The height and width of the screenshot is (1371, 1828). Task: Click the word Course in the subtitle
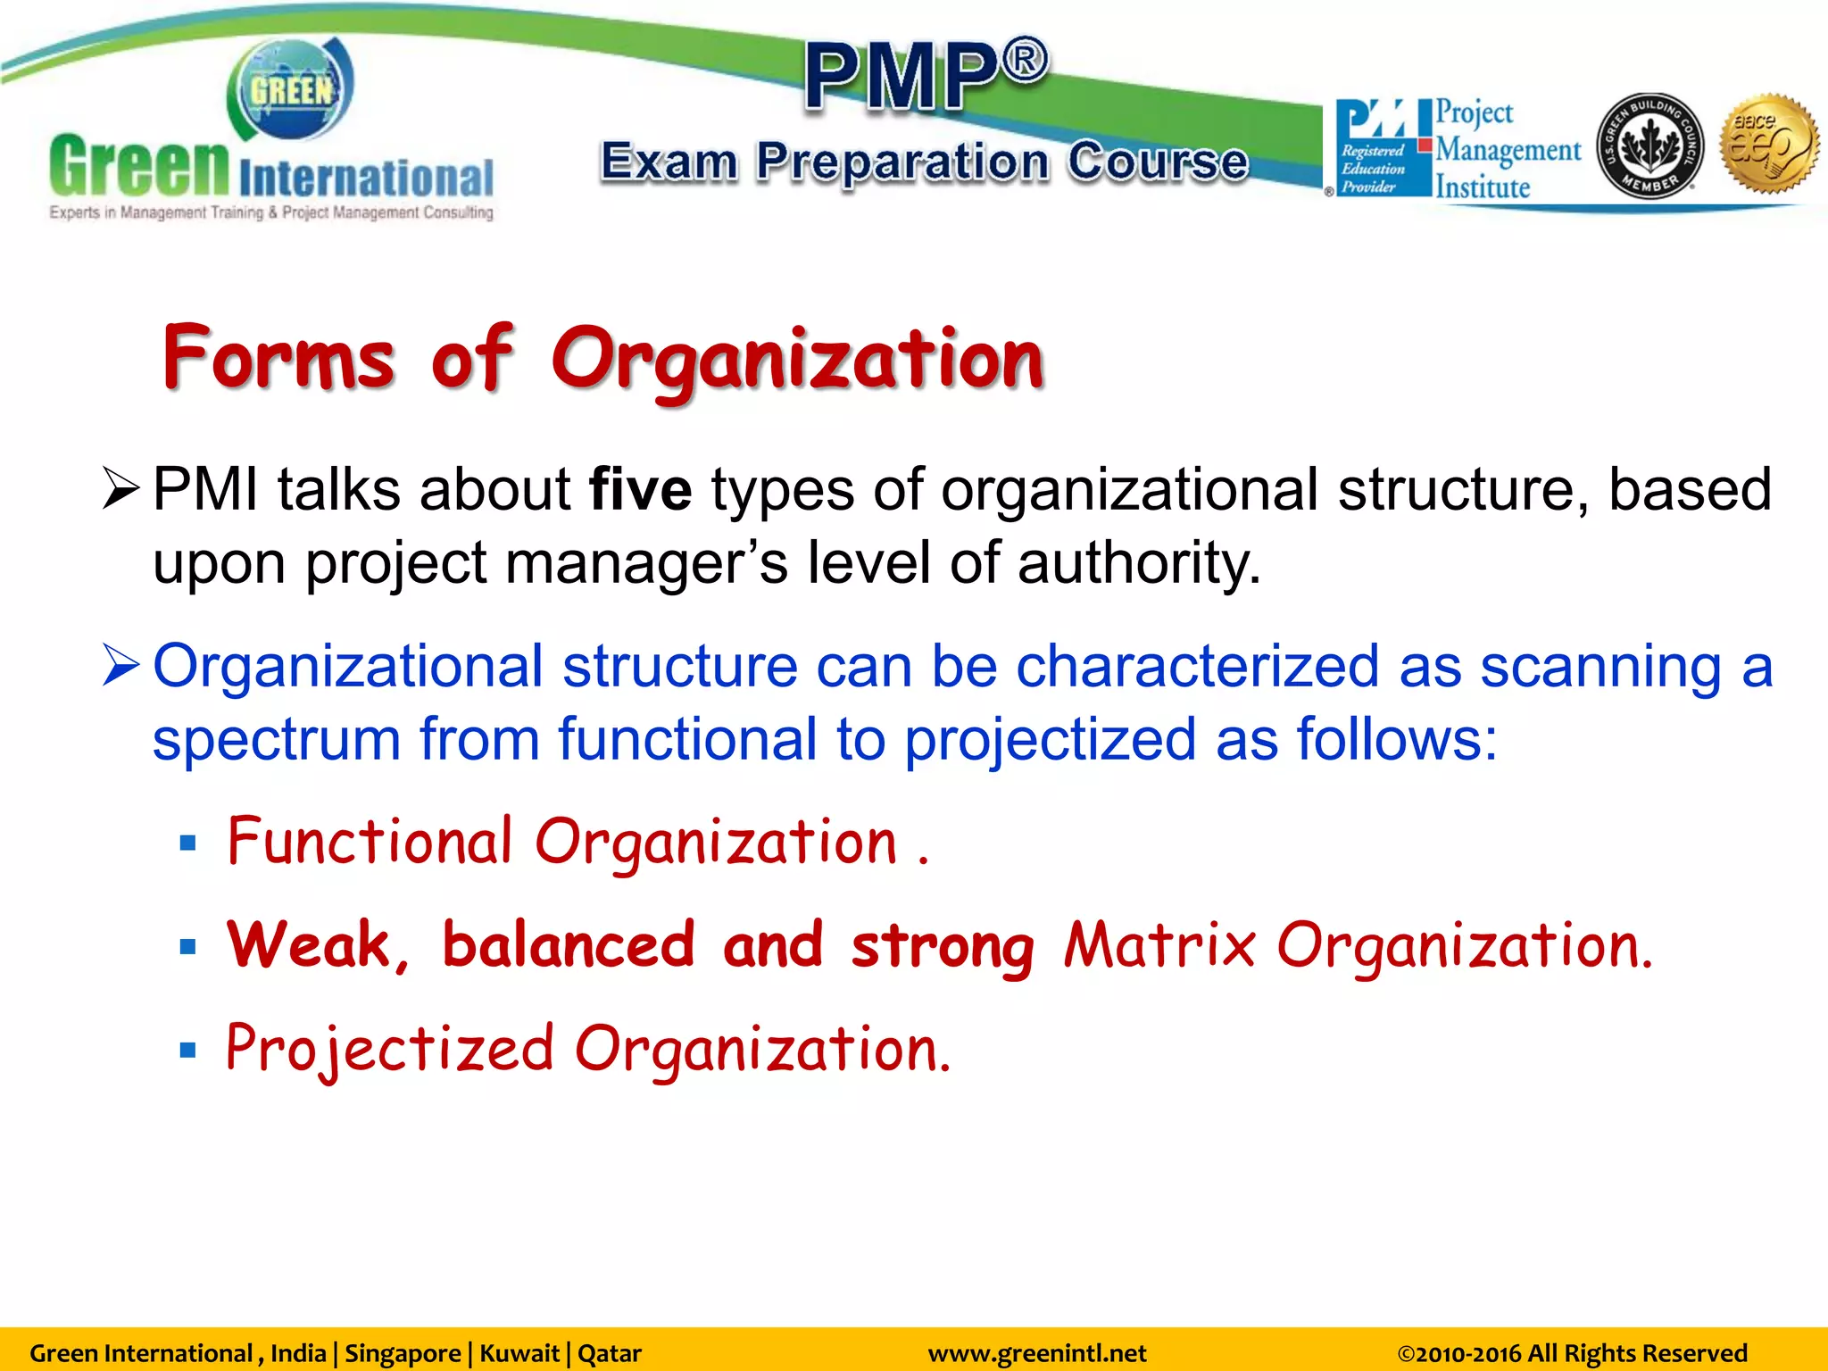pyautogui.click(x=1158, y=162)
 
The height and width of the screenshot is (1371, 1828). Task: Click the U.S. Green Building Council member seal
pyautogui.click(x=1649, y=146)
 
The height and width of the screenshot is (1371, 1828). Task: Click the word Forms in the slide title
pyautogui.click(x=278, y=359)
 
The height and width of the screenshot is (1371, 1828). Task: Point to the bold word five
pyautogui.click(x=640, y=490)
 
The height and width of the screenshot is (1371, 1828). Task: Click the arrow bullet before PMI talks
pyautogui.click(x=120, y=489)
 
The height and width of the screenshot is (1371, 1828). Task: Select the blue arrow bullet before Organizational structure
pyautogui.click(x=120, y=666)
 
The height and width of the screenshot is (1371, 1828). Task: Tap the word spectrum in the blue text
pyautogui.click(x=276, y=741)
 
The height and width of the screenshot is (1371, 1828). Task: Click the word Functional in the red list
pyautogui.click(x=369, y=842)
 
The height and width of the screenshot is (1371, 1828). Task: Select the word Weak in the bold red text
pyautogui.click(x=309, y=945)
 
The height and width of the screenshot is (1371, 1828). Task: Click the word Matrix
pyautogui.click(x=1159, y=945)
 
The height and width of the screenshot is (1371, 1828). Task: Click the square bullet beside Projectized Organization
pyautogui.click(x=187, y=1051)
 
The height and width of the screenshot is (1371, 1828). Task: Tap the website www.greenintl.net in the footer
pyautogui.click(x=1036, y=1353)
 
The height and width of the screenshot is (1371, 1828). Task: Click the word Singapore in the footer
pyautogui.click(x=403, y=1353)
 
